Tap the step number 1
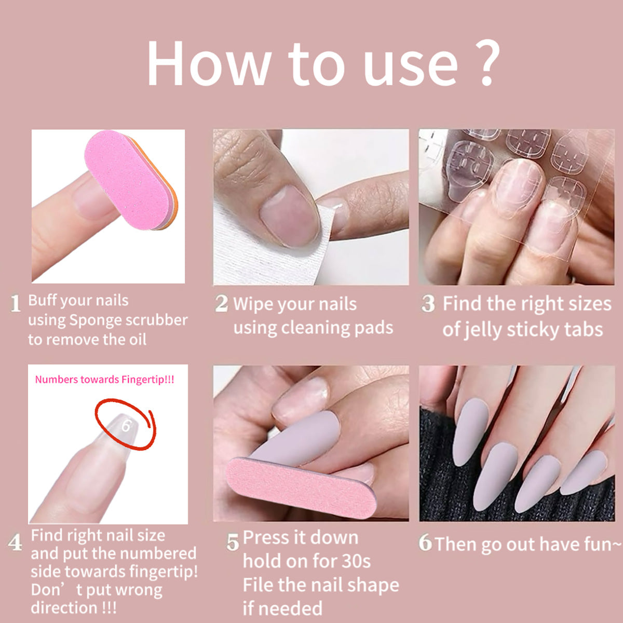(x=15, y=303)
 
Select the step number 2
(x=222, y=303)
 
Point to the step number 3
(x=428, y=303)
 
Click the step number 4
(x=15, y=542)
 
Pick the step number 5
(x=233, y=542)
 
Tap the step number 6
(x=425, y=542)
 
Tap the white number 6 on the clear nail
(x=126, y=426)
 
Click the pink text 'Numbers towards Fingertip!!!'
(x=104, y=380)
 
